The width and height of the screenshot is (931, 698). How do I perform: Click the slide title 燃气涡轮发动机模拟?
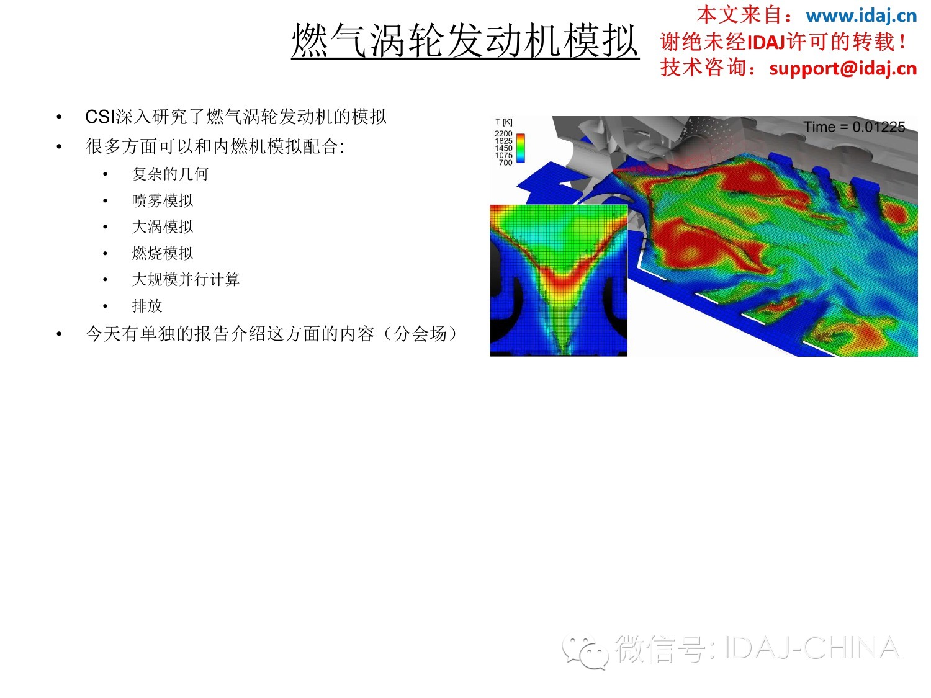[465, 40]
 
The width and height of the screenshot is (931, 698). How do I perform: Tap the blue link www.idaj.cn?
[861, 16]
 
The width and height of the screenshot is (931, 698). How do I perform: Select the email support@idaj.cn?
[843, 68]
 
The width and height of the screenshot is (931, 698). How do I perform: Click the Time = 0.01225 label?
[854, 127]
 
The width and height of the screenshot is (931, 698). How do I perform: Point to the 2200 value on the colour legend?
[503, 133]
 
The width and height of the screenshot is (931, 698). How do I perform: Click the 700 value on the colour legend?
[506, 163]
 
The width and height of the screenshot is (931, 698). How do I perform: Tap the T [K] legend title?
[504, 122]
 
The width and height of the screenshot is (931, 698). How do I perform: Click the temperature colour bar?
[520, 148]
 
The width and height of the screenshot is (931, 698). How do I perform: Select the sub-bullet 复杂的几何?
[170, 174]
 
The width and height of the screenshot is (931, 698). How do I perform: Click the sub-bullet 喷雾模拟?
[163, 200]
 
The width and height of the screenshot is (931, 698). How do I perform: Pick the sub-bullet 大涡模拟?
[163, 226]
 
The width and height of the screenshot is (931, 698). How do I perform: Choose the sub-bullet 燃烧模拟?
[163, 253]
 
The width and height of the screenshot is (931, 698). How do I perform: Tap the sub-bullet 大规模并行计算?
[186, 279]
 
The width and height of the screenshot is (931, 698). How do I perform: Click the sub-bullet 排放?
[147, 305]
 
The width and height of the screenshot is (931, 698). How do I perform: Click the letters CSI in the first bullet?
[100, 117]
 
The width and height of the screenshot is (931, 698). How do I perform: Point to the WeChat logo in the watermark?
[585, 651]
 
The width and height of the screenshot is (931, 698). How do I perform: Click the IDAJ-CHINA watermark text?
[812, 648]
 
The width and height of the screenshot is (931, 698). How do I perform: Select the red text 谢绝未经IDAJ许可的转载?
[778, 42]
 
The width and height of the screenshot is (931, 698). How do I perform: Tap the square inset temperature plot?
[559, 280]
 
